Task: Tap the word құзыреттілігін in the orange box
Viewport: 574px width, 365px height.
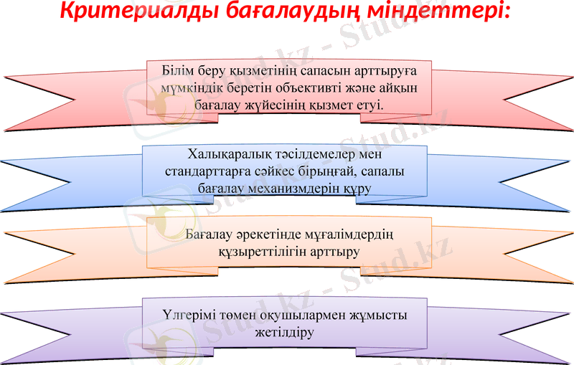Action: [257, 252]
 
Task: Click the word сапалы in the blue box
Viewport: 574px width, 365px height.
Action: [396, 172]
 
